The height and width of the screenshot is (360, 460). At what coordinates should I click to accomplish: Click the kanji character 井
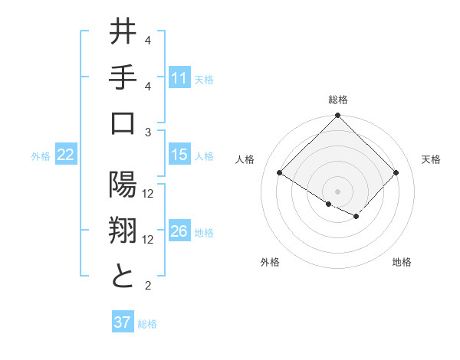coord(123,33)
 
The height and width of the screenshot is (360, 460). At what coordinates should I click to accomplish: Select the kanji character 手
coord(123,78)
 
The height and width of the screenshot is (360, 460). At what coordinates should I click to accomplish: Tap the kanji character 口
coord(123,125)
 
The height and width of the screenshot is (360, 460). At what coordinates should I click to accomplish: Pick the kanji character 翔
coord(123,231)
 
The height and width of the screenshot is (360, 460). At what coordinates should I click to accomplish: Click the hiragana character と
coord(123,277)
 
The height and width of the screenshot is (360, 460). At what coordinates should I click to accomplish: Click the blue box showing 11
coord(179,78)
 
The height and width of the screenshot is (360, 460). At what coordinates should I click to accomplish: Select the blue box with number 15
coord(179,155)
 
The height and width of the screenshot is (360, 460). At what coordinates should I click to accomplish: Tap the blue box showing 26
coord(179,232)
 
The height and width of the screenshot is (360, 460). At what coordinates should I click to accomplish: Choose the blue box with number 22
coord(66,155)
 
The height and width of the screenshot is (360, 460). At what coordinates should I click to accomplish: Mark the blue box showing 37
coord(123,322)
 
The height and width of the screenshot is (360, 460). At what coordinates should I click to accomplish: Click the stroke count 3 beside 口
coord(147,133)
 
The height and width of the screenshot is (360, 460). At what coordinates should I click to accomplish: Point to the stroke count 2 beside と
coord(147,286)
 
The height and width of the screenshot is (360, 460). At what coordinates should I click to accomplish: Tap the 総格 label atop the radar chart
coord(337,100)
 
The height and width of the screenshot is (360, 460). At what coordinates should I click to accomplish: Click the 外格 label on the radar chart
coord(270,262)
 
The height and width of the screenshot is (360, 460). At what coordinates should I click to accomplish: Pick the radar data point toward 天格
coord(396,172)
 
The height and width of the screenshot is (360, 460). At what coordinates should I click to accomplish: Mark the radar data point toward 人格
coord(279,172)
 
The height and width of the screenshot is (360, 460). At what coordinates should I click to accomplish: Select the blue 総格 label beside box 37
coord(147,323)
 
